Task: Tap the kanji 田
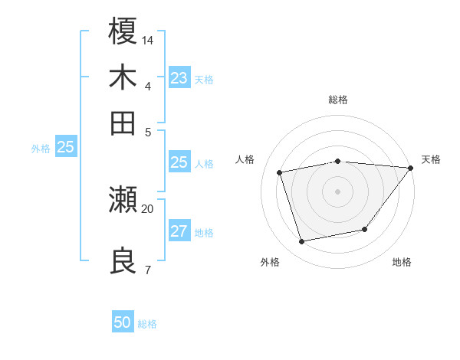point(123,123)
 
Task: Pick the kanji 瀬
point(123,200)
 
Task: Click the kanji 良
point(123,260)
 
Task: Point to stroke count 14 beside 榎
point(148,39)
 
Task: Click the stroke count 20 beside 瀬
point(148,208)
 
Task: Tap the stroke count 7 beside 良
point(147,270)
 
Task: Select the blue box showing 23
point(179,78)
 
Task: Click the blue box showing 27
point(179,232)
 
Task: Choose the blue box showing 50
point(123,322)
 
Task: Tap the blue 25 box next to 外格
point(65,148)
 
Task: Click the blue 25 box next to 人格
point(179,162)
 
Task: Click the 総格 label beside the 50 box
point(147,324)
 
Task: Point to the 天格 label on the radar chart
point(431,159)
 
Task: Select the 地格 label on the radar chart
point(402,262)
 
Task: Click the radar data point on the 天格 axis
point(410,168)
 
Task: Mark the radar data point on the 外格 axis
point(302,242)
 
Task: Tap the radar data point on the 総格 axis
point(337,162)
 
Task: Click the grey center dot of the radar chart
point(337,191)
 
